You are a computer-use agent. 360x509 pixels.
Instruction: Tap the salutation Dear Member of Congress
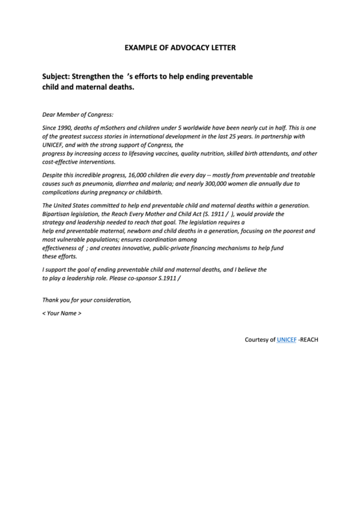77,115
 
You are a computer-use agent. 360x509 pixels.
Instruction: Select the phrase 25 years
229,136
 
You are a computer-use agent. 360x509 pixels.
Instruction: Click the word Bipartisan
58,213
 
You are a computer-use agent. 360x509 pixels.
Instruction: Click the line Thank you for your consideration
86,300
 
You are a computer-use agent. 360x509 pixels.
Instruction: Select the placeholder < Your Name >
62,313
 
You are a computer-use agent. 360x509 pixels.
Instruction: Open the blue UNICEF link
287,339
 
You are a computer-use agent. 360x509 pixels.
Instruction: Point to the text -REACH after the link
308,339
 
